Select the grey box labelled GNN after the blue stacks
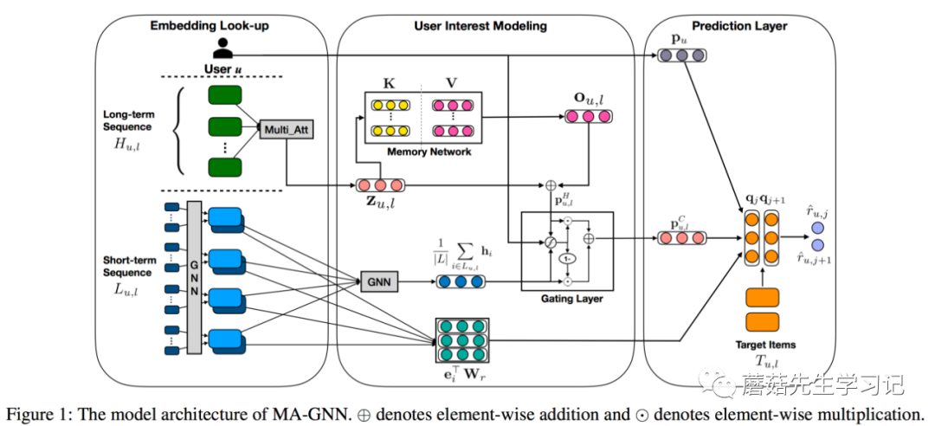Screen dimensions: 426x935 [377, 281]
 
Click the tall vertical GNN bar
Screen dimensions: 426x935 [194, 278]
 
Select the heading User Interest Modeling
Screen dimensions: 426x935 [480, 26]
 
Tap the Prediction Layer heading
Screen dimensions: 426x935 [740, 26]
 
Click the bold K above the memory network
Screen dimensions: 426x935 [387, 83]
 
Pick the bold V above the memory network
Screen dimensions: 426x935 [451, 83]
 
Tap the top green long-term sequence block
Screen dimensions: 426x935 [224, 94]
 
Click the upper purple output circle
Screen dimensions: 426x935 [816, 229]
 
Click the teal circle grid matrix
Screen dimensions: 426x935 [461, 340]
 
